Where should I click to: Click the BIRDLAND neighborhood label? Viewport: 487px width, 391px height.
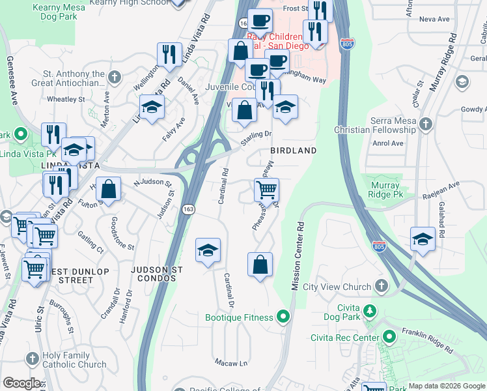click(x=293, y=151)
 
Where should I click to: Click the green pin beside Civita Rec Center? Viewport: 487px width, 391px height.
click(x=389, y=338)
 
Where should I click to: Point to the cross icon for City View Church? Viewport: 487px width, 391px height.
click(x=380, y=286)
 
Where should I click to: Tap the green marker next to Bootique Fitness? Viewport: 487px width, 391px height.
click(x=283, y=317)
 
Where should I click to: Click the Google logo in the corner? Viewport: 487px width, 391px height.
click(x=21, y=383)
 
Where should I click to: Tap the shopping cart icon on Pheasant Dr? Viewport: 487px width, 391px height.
click(x=266, y=190)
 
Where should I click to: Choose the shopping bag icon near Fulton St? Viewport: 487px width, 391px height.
click(x=110, y=190)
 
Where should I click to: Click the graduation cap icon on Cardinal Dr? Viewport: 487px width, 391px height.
click(x=208, y=250)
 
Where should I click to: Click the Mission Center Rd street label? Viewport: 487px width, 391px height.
click(x=299, y=248)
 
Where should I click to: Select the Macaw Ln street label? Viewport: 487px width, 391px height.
click(x=231, y=362)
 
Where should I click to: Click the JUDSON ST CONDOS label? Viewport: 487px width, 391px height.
click(x=156, y=274)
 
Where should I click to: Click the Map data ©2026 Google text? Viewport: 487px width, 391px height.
click(x=446, y=386)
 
